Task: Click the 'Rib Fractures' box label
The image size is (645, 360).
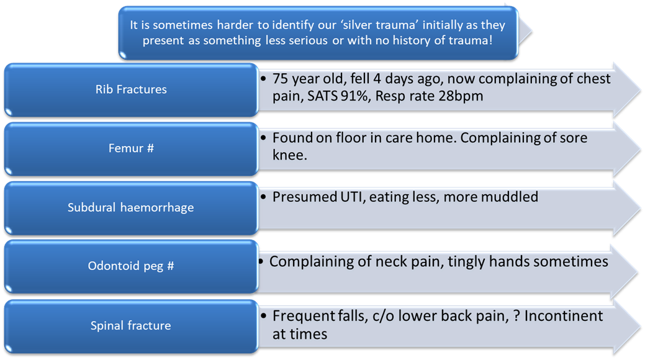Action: [131, 89]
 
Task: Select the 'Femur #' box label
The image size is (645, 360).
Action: [131, 148]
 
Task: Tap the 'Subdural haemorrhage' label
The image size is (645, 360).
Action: [130, 207]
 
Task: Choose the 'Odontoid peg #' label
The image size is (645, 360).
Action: [131, 266]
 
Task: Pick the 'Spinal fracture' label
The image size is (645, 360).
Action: [130, 325]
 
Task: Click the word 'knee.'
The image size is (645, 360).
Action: [289, 155]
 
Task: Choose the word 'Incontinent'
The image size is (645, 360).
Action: [564, 316]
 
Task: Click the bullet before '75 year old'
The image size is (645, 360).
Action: [264, 78]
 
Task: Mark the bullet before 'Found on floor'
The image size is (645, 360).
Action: [264, 137]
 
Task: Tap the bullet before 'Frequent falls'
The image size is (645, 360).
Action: [264, 316]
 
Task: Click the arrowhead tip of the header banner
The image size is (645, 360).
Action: [531, 32]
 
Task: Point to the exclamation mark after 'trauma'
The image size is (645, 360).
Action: [490, 40]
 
